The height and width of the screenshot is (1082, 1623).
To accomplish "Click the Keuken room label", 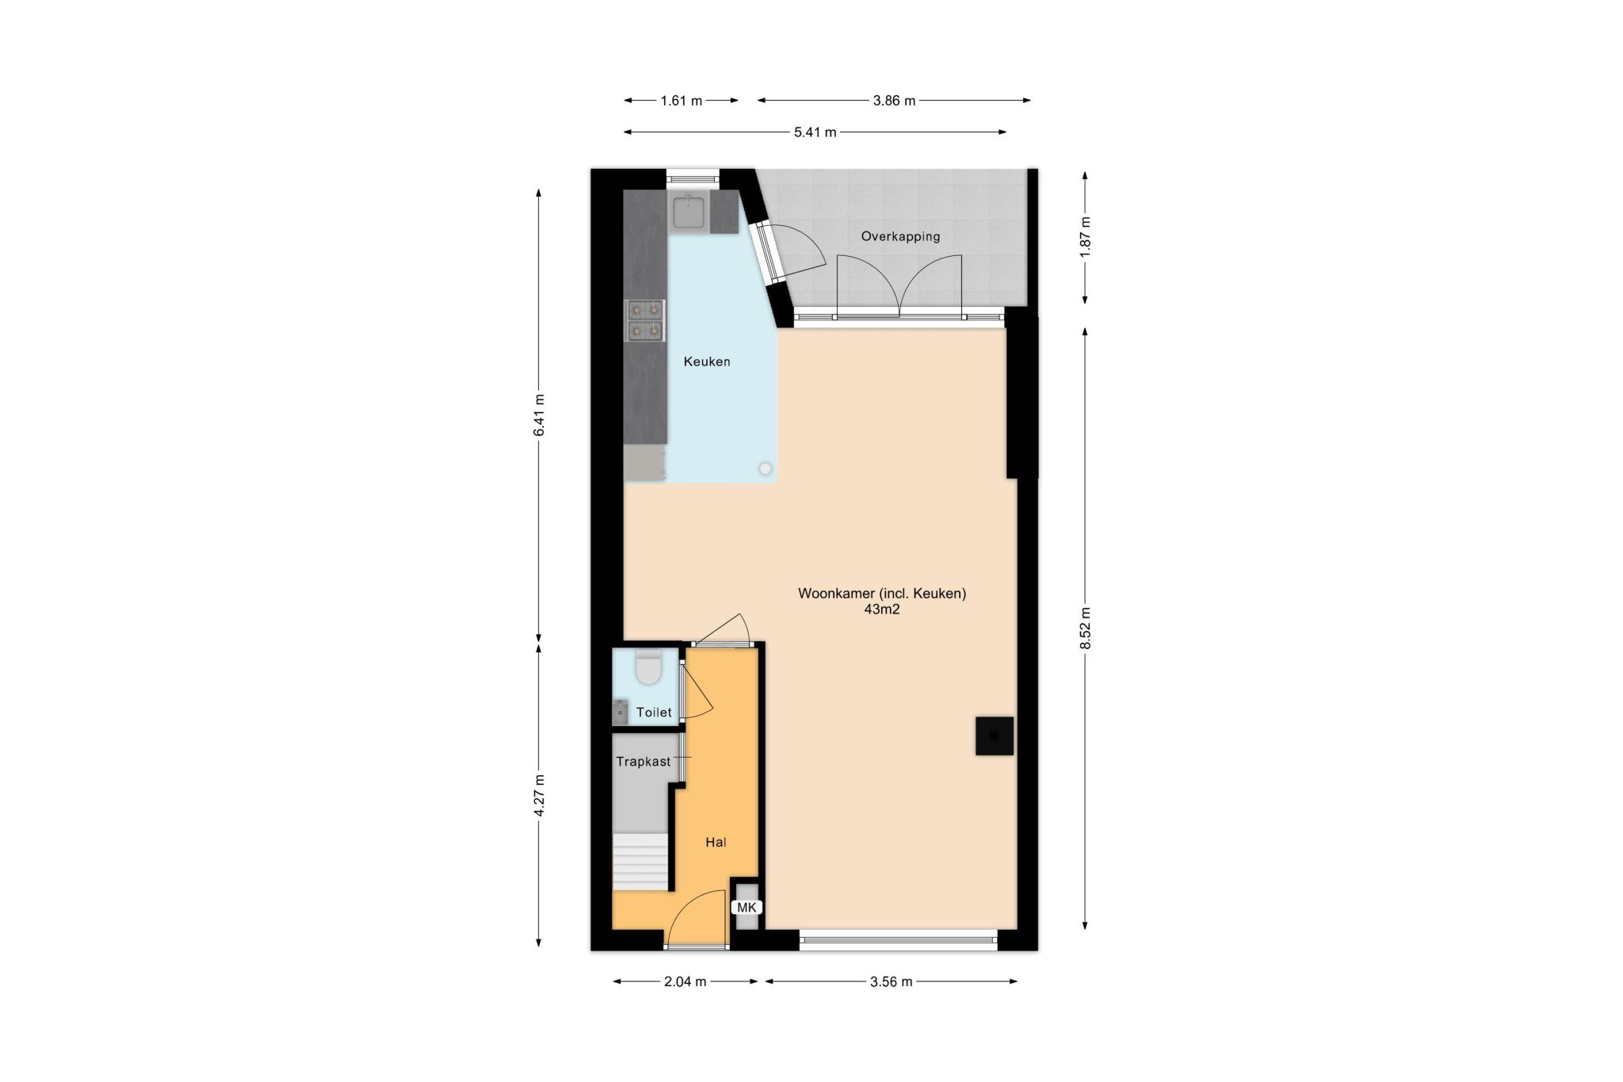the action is click(707, 361).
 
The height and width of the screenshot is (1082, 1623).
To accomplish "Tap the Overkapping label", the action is click(900, 236).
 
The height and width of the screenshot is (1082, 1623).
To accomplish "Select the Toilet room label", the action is click(654, 713).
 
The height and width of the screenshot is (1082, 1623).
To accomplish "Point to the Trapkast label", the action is click(643, 762).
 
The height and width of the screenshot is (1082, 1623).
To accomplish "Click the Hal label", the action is click(716, 842).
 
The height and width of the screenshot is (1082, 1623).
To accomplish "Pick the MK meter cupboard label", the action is click(747, 908).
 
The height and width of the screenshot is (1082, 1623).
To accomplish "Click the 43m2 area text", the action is click(882, 610).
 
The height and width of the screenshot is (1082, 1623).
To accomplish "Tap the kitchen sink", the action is click(689, 212).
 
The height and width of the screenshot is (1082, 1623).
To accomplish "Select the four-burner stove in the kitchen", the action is click(646, 320).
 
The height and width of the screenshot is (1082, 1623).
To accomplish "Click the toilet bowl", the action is click(649, 667).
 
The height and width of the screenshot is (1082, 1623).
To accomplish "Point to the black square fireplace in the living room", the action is click(994, 736).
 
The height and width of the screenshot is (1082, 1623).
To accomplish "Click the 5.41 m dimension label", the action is click(815, 132).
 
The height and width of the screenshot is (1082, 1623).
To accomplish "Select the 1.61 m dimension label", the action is click(682, 101).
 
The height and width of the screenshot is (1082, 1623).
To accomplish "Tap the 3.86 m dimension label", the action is click(894, 101).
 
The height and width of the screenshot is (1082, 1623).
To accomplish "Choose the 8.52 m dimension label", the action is click(1086, 629).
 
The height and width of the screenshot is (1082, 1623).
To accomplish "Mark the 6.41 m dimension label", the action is click(539, 415).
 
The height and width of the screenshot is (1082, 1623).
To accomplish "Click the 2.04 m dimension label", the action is click(685, 981).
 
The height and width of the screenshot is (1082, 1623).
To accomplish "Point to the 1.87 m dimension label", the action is click(1086, 235).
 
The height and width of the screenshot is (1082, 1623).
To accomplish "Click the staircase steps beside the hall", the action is click(640, 861).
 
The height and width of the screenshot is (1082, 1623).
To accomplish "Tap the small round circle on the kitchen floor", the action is click(765, 468).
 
